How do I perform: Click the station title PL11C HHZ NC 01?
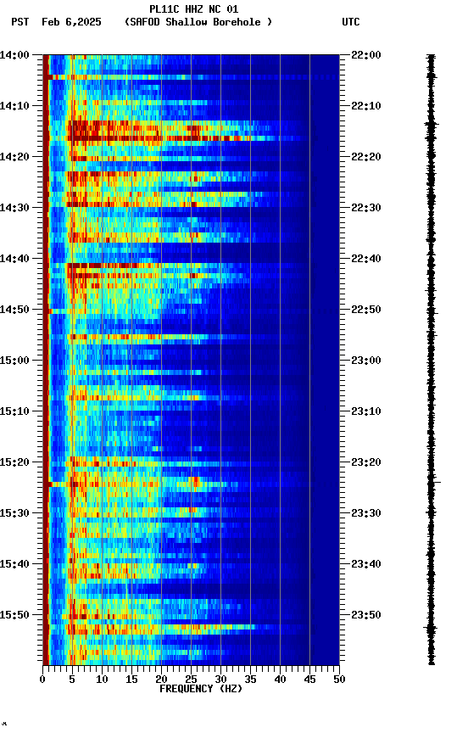tap(193, 9)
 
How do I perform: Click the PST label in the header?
tap(20, 22)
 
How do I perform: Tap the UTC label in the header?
tap(351, 22)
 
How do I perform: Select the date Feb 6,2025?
tap(71, 22)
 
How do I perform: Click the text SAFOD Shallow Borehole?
tap(198, 22)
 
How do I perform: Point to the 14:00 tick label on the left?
tap(15, 55)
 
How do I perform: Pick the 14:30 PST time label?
tap(15, 208)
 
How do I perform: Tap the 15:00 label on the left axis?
tap(15, 361)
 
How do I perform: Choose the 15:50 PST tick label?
tap(15, 615)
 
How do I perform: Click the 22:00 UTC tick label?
tap(366, 55)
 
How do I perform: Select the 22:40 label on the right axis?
tap(366, 259)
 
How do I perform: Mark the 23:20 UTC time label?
tap(366, 462)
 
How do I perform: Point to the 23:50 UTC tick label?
tap(366, 615)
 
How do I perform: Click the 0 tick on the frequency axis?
tap(42, 679)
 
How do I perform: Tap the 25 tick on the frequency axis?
tap(191, 679)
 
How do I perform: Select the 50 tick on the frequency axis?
tap(339, 679)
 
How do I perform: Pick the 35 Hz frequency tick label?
tap(250, 679)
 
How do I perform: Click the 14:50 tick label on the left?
tap(15, 310)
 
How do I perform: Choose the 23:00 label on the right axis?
tap(366, 361)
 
